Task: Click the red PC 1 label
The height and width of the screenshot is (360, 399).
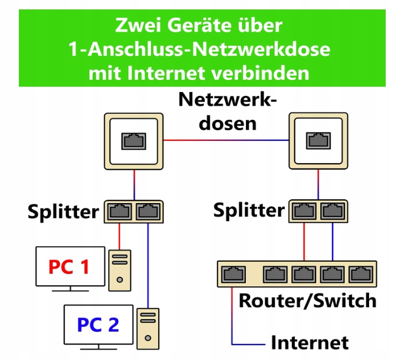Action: coord(69,267)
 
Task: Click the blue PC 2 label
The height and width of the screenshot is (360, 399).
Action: coord(98,324)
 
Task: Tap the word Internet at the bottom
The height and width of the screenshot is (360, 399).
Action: coord(310,342)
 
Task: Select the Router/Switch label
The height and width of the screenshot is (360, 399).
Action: coord(307,301)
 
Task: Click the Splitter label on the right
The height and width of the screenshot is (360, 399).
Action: coord(249,211)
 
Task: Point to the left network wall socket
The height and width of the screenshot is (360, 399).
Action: coord(134,141)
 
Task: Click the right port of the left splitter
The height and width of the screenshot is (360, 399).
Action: coord(148,212)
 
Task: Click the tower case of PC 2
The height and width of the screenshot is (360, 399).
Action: coord(148,327)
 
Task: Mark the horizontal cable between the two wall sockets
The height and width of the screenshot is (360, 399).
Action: coord(226,141)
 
